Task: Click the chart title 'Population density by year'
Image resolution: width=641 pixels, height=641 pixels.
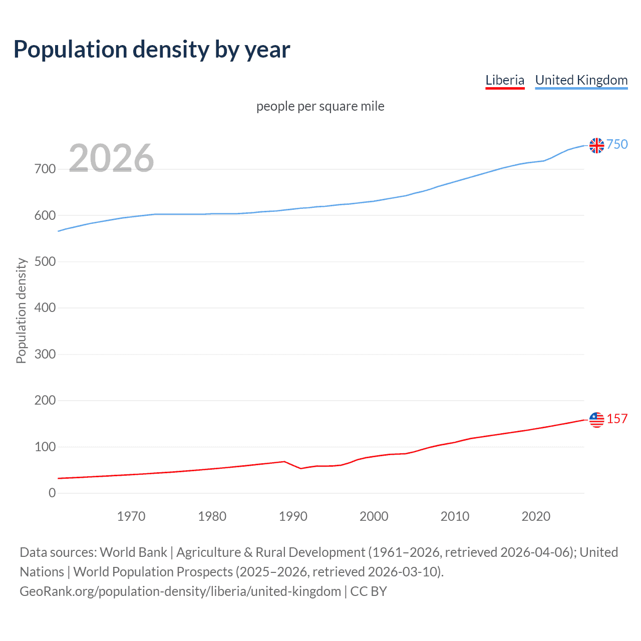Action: [152, 49]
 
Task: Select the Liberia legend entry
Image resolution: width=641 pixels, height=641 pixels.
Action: [505, 80]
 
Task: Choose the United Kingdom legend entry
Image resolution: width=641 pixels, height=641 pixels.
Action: [581, 80]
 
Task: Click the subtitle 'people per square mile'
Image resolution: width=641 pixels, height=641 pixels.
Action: [320, 106]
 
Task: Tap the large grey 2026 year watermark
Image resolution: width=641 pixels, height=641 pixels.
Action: [111, 158]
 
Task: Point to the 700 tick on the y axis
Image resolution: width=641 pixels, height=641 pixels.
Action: [45, 169]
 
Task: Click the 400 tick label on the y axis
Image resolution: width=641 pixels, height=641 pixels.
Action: [45, 308]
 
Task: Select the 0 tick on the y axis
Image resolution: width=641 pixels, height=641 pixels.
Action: [52, 493]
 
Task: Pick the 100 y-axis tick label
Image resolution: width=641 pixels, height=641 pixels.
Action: [45, 447]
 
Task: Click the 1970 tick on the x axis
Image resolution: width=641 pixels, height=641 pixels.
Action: [131, 516]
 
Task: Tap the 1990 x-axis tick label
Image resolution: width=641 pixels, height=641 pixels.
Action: [293, 516]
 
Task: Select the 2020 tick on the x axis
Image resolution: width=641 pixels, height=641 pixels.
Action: [536, 516]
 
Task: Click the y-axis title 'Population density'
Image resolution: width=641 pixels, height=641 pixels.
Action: [21, 310]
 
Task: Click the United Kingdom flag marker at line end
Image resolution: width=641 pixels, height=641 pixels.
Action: [596, 145]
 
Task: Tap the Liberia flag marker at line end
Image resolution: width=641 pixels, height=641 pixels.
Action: [596, 420]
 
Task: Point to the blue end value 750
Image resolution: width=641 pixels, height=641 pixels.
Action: [617, 144]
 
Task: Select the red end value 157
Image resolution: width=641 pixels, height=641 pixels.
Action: [617, 419]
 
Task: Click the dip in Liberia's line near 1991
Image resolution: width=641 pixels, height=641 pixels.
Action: [301, 468]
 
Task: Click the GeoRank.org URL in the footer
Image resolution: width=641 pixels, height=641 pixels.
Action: [180, 591]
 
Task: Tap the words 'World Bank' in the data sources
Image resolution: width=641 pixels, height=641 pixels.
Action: [133, 552]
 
